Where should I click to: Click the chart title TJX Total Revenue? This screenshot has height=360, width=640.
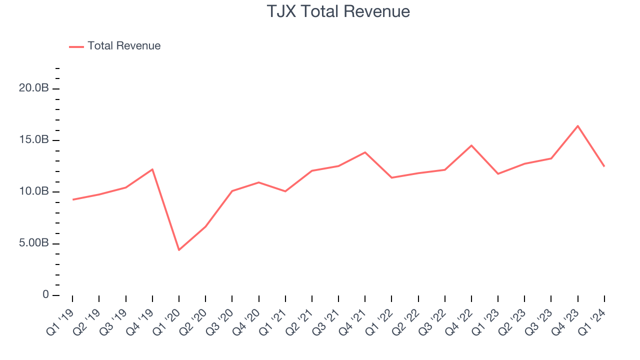(338, 11)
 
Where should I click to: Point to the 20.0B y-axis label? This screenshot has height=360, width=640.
(33, 88)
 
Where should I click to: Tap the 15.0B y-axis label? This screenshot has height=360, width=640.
(33, 140)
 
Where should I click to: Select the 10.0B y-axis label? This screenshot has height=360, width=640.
(33, 192)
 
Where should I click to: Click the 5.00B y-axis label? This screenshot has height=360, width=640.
(33, 243)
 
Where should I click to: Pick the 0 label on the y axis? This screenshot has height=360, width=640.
(45, 295)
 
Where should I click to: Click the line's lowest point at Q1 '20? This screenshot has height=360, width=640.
(179, 250)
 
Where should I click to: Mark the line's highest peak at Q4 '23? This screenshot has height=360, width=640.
(577, 126)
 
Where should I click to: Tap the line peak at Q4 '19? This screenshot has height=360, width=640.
(152, 169)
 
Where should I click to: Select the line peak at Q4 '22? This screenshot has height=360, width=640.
(471, 145)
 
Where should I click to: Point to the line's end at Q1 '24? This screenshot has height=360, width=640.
(604, 166)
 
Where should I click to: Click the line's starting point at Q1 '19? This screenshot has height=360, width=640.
(73, 199)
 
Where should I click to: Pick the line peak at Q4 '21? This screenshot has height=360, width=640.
(365, 152)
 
